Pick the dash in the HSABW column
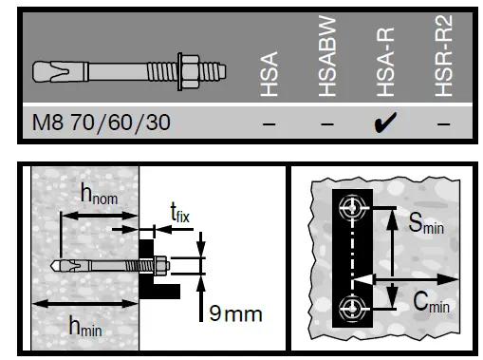327,124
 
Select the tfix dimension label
178,213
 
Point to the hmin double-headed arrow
85,303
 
